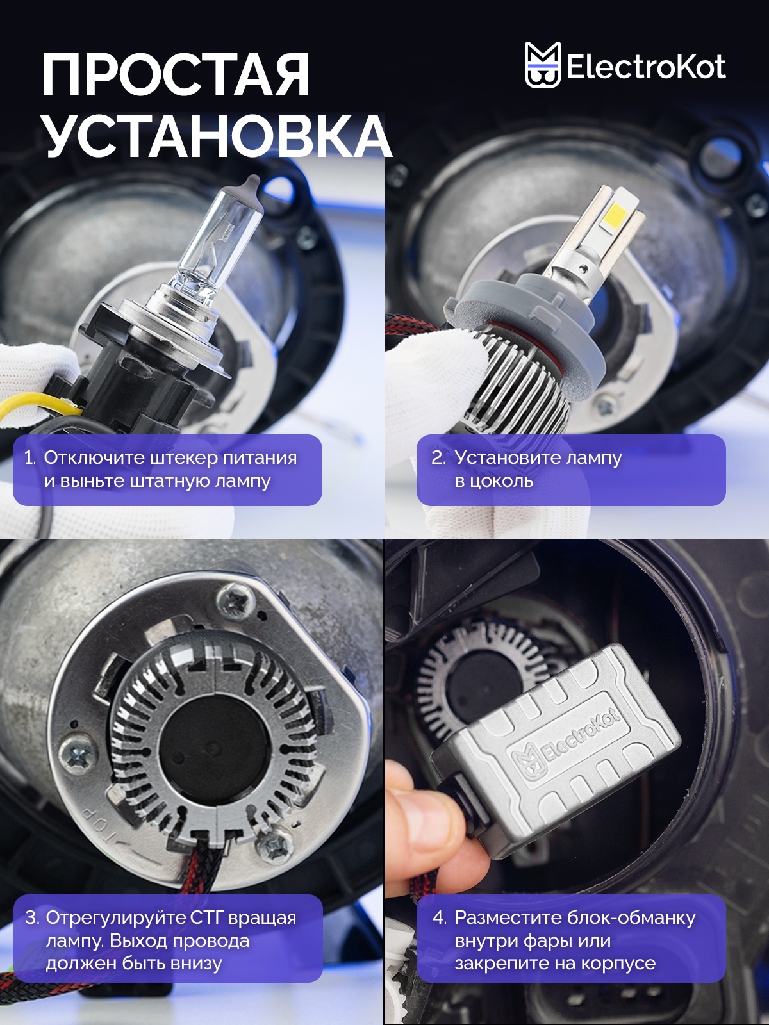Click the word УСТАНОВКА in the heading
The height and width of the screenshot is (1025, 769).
(218, 135)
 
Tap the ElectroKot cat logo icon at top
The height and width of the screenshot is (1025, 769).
(542, 65)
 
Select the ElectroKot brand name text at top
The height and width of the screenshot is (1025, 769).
(646, 67)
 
